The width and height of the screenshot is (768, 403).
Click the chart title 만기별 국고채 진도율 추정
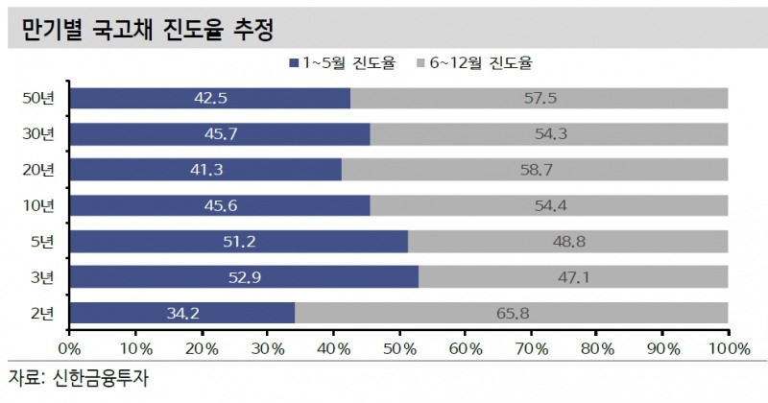[x=140, y=31]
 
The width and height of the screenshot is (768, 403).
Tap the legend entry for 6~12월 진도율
[x=475, y=63]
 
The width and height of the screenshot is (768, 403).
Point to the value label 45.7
[x=220, y=134]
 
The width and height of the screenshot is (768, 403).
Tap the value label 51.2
[x=237, y=242]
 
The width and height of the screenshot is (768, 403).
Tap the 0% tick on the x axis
[x=70, y=344]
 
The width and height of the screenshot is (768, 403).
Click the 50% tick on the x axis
[x=398, y=344]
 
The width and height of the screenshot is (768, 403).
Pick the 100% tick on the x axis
[x=727, y=344]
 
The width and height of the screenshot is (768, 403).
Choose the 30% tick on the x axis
[x=267, y=344]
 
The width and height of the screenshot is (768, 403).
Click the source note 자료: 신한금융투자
[x=79, y=376]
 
